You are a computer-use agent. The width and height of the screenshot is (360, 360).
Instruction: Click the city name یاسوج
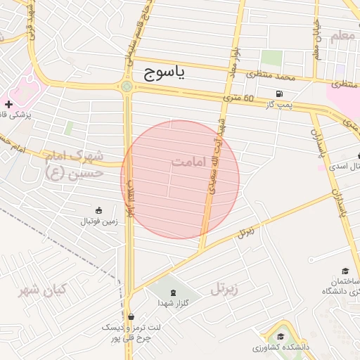point(164,72)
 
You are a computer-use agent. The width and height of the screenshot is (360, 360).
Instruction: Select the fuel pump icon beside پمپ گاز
point(281,94)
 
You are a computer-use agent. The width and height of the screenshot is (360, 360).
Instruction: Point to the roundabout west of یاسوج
point(127,86)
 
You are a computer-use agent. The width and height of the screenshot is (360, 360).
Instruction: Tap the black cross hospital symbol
point(8,104)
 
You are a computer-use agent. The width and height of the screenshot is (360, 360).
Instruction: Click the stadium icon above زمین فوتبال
point(99,210)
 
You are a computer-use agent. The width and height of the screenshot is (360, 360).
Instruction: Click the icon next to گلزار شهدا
point(173,291)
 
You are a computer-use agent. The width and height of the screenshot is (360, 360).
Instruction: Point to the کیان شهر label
point(43,290)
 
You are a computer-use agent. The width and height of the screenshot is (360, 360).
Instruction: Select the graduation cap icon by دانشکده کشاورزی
point(281,336)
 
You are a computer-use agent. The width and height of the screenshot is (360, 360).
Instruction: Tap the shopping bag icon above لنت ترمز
point(131,316)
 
